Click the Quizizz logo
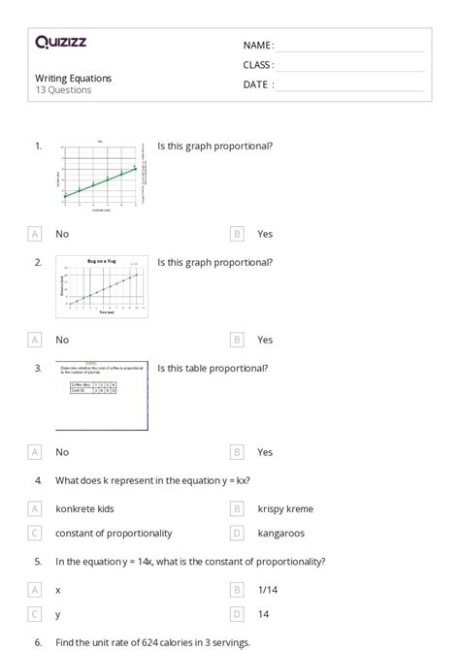click(60, 42)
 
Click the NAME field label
click(257, 46)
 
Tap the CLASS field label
click(258, 65)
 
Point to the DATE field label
click(257, 84)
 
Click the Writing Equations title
click(74, 78)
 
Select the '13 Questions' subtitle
click(64, 90)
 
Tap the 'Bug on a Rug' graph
click(103, 287)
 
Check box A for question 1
click(36, 234)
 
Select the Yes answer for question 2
click(265, 340)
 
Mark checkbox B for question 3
click(238, 451)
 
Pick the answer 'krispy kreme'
click(285, 508)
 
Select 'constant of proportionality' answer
click(114, 533)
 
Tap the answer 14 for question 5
click(264, 614)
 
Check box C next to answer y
click(36, 614)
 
